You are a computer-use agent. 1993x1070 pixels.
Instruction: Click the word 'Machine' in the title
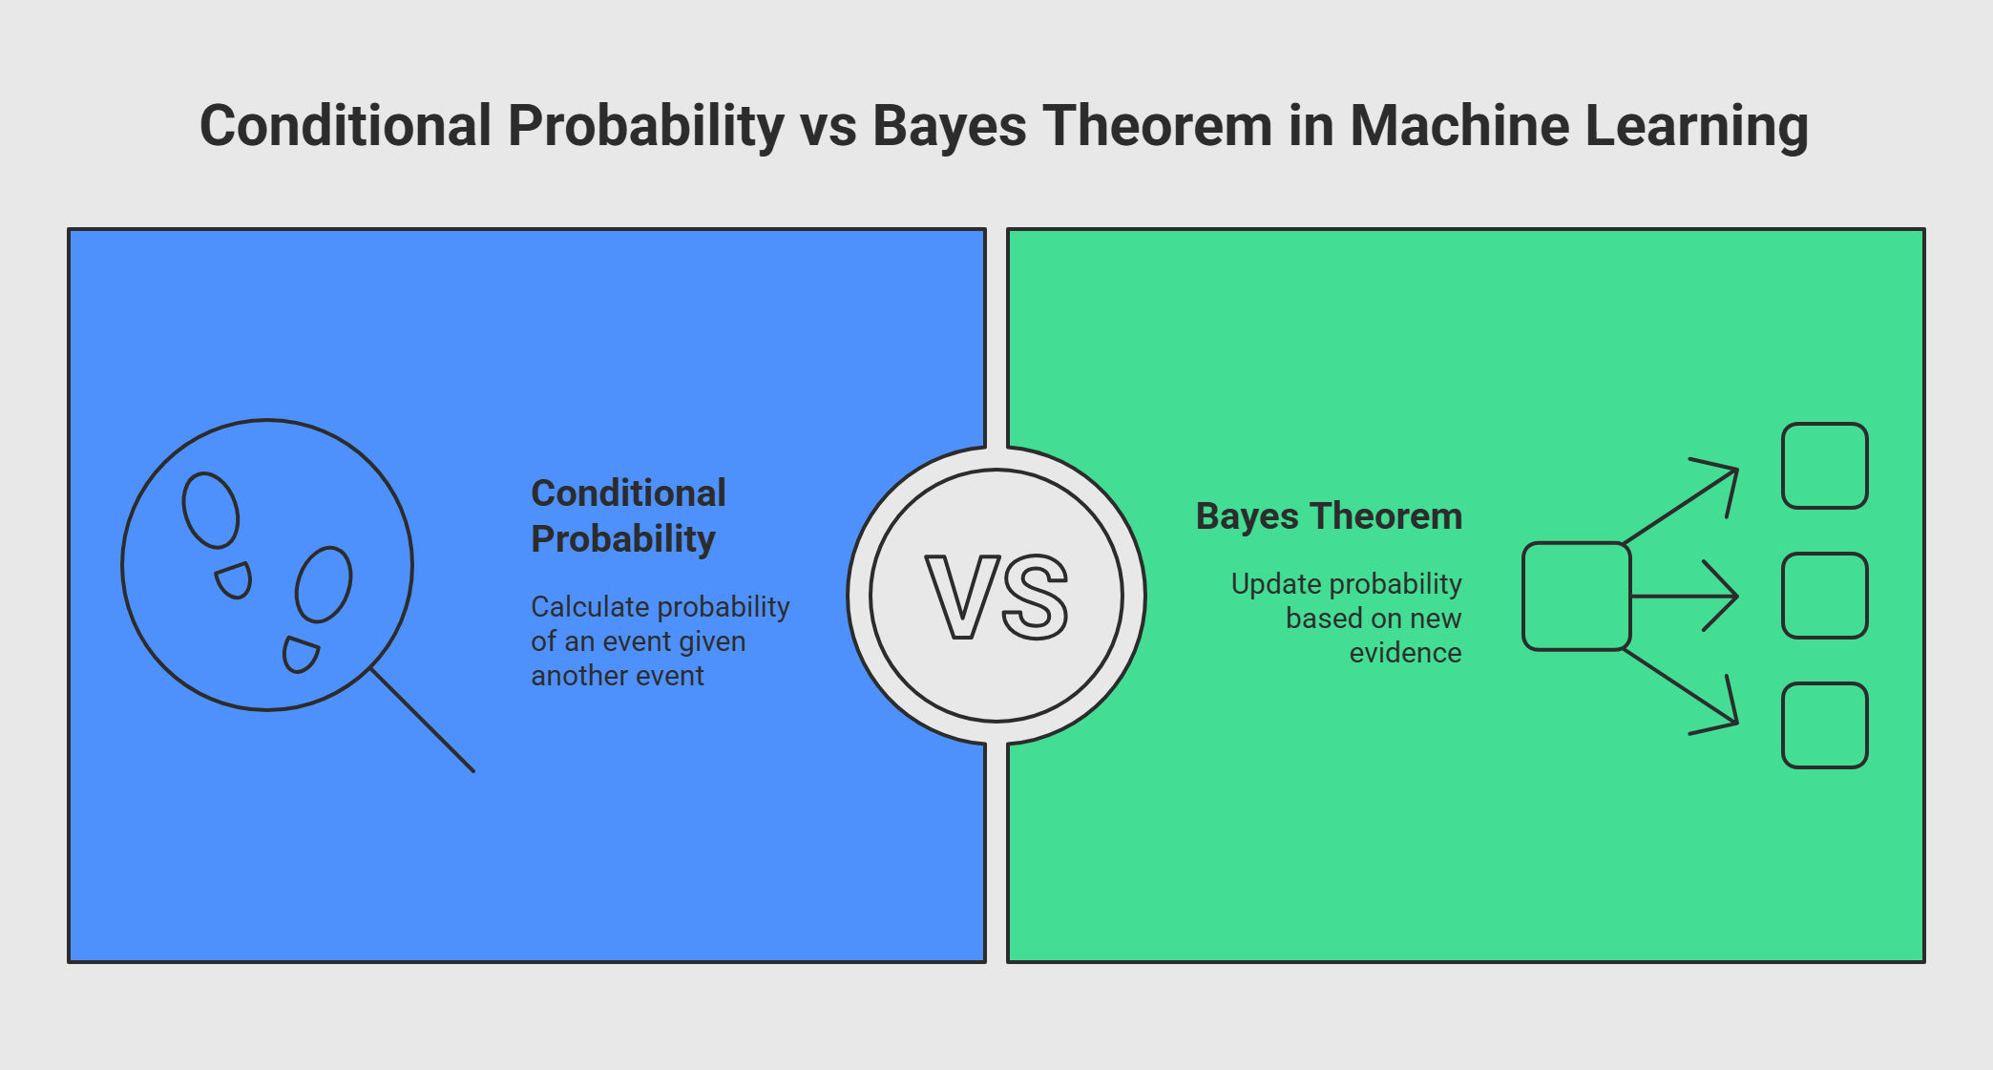(1459, 126)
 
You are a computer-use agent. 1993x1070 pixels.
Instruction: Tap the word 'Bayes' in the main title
(950, 128)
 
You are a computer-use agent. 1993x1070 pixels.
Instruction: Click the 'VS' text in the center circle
(996, 597)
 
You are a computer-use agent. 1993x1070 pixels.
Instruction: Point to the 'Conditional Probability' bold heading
(628, 516)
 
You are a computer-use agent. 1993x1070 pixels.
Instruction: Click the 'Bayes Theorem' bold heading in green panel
(1329, 516)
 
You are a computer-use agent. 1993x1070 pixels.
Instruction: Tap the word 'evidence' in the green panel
(1405, 653)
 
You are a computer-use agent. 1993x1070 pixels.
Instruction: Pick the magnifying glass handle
(422, 720)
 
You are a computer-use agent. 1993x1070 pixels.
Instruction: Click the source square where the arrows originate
(1576, 597)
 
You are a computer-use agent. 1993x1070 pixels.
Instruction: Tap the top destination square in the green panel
(1824, 466)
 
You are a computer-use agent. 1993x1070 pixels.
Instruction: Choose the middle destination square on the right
(1824, 596)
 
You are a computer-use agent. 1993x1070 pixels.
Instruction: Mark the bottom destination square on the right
(1824, 725)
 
